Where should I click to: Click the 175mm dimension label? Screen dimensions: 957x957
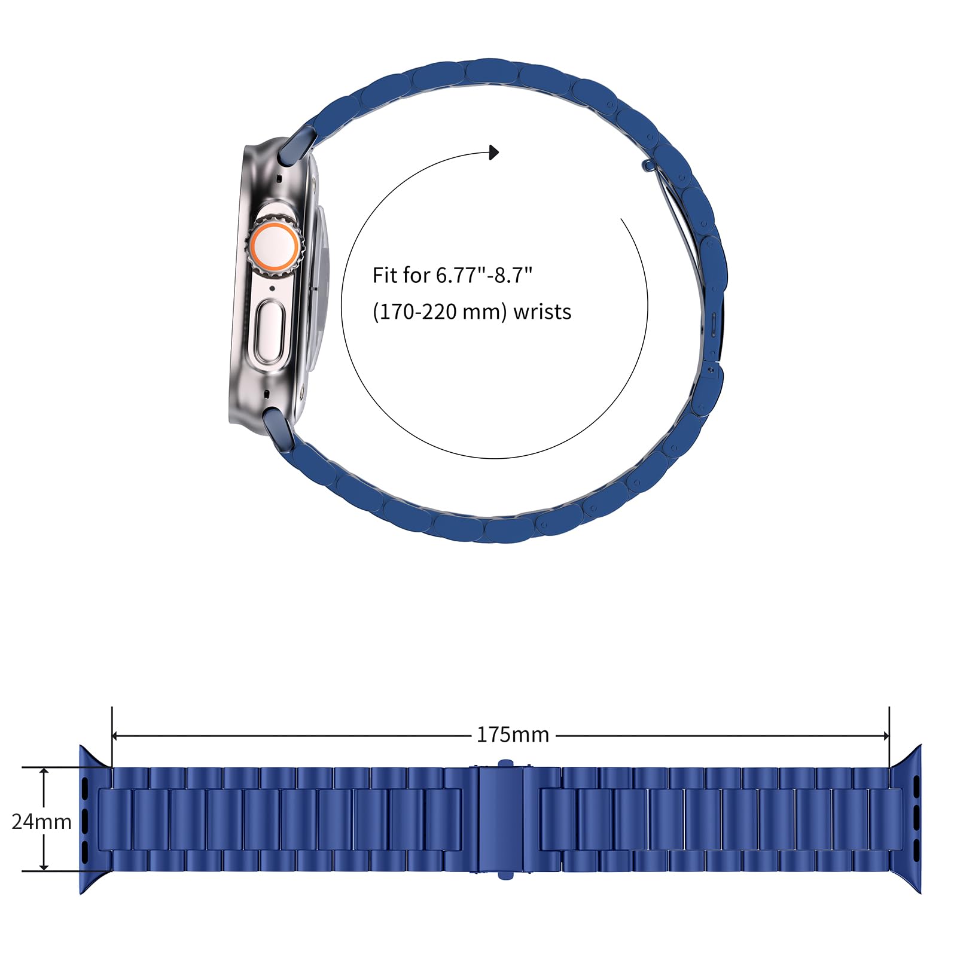pyautogui.click(x=513, y=734)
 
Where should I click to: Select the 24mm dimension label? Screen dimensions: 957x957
pyautogui.click(x=42, y=822)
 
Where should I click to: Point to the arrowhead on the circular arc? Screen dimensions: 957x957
pyautogui.click(x=493, y=153)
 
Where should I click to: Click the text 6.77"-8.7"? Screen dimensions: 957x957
pyautogui.click(x=484, y=275)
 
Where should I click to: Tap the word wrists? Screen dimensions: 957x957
pyautogui.click(x=542, y=312)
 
